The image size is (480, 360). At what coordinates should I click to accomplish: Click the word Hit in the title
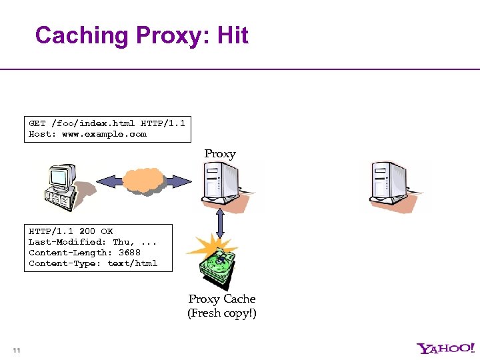point(233,35)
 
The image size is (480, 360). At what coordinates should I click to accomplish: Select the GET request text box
point(107,129)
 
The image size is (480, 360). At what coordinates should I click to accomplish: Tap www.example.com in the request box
point(104,134)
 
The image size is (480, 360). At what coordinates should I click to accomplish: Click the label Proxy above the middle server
point(220,153)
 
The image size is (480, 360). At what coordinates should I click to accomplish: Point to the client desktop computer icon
point(63,183)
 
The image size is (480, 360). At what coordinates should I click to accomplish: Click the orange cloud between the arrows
point(143,180)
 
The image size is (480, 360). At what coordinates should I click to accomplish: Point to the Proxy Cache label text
point(222,299)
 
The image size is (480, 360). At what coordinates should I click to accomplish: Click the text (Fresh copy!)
point(222,313)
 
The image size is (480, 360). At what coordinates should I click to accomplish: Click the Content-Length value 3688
point(129,253)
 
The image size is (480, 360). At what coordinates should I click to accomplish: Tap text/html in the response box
point(133,263)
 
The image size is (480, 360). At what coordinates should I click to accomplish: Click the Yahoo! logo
point(446,348)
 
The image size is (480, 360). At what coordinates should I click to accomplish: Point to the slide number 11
point(17,351)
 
